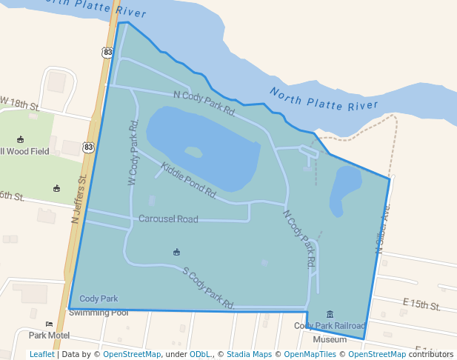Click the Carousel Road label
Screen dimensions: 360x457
pyautogui.click(x=168, y=219)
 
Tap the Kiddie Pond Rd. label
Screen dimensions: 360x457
pyautogui.click(x=188, y=180)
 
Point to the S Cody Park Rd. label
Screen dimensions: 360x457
pyautogui.click(x=208, y=287)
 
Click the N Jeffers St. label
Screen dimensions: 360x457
pyautogui.click(x=80, y=198)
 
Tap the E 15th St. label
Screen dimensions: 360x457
pyautogui.click(x=421, y=304)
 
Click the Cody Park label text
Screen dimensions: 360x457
pyautogui.click(x=99, y=299)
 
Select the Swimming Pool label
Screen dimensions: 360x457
pyautogui.click(x=99, y=313)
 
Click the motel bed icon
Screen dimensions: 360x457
pyautogui.click(x=49, y=324)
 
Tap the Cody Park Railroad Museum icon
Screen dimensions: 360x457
pyautogui.click(x=330, y=314)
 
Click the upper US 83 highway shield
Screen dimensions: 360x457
pyautogui.click(x=108, y=53)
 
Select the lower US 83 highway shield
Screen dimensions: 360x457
pyautogui.click(x=89, y=147)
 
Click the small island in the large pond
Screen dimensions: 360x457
pyautogui.click(x=193, y=152)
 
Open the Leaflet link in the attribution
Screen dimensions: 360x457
pyautogui.click(x=41, y=354)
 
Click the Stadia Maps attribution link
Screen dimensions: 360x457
pyautogui.click(x=249, y=354)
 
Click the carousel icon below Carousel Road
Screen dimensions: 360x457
pyautogui.click(x=176, y=253)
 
